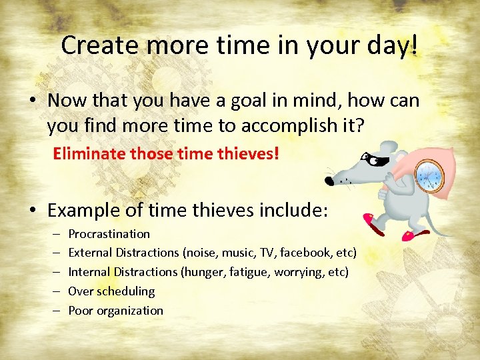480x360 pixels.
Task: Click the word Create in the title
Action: pyautogui.click(x=99, y=45)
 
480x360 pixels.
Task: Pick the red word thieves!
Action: pyautogui.click(x=251, y=154)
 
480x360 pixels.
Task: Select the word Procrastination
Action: pyautogui.click(x=109, y=234)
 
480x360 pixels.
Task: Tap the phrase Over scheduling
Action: pyautogui.click(x=111, y=291)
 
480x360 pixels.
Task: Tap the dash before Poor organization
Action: pyautogui.click(x=54, y=311)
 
